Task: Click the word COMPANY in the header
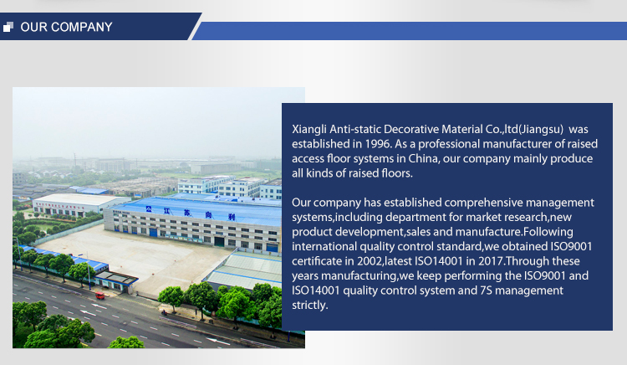82,27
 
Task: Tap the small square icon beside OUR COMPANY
8,27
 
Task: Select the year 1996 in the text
377,144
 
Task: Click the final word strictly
310,306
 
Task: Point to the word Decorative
411,130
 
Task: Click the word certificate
317,261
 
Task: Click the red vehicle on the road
100,296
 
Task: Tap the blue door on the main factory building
153,232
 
